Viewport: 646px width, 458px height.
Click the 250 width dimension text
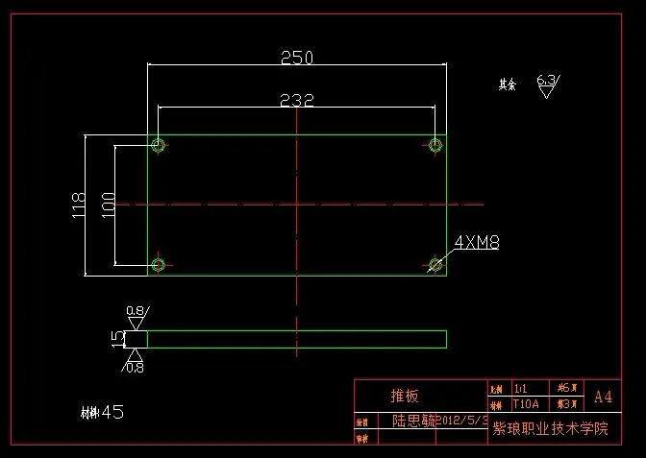point(296,58)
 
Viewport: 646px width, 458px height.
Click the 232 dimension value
point(296,100)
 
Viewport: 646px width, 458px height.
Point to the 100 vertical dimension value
point(107,205)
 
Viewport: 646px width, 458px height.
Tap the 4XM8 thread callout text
point(476,242)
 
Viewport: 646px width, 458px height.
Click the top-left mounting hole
point(159,145)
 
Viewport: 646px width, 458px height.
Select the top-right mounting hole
point(435,145)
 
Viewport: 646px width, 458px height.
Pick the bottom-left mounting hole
point(159,264)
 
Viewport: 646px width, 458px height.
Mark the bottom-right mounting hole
point(435,264)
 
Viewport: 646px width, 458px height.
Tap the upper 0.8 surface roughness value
point(136,311)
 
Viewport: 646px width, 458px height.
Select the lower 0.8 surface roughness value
point(136,367)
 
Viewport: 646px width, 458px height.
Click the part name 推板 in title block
point(405,396)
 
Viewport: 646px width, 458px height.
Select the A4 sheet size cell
point(603,396)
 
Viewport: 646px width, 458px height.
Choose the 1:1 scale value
point(522,389)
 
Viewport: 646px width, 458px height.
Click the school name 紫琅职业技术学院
point(551,428)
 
